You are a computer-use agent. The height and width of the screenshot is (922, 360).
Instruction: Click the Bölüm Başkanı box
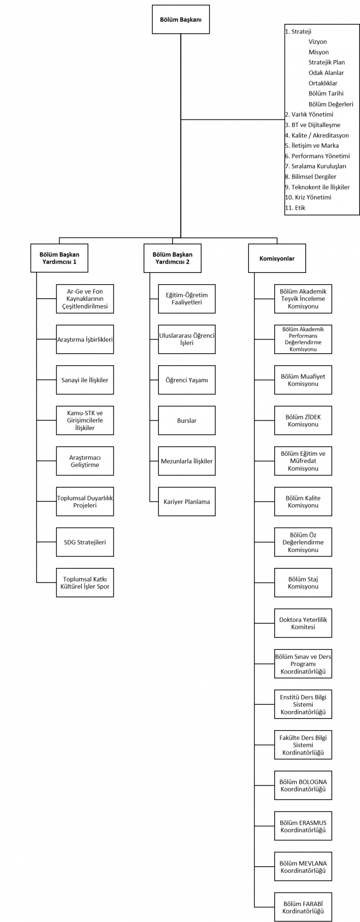181,19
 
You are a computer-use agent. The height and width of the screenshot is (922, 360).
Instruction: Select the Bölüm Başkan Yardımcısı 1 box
60,258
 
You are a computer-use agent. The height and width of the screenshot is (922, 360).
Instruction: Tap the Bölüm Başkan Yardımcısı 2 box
172,258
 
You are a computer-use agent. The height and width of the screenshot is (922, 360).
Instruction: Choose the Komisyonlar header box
277,258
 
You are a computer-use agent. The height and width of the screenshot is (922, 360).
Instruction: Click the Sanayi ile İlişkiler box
85,380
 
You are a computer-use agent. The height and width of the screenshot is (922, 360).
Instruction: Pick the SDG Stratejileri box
85,542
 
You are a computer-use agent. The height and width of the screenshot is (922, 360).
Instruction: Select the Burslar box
187,421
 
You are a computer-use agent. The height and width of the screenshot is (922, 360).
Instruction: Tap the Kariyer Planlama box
187,502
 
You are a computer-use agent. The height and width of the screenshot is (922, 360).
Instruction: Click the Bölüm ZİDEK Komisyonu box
303,421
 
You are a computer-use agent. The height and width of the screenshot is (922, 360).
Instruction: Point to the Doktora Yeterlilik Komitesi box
303,623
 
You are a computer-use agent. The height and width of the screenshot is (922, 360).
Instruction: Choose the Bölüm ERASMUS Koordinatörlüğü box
303,826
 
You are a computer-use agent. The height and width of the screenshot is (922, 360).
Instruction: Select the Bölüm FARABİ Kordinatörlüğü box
303,907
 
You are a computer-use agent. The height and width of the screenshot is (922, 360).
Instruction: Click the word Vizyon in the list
318,42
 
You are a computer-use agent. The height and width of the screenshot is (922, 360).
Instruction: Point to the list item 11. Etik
295,208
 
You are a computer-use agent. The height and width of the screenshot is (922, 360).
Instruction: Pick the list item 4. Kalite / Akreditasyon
317,135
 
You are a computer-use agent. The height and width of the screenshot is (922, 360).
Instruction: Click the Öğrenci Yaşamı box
187,380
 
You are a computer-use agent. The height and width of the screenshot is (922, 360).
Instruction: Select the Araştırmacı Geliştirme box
85,461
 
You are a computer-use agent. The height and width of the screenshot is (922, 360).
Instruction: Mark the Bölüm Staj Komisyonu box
303,583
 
